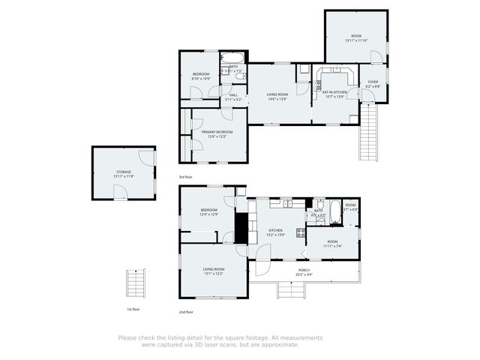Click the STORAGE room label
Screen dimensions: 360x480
124,171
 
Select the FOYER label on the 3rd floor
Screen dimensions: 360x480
373,82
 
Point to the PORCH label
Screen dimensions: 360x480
304,270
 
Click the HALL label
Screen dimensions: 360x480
233,94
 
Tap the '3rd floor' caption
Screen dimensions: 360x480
185,177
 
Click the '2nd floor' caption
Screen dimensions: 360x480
185,311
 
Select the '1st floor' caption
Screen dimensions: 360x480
132,309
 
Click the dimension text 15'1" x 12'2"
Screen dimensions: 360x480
214,274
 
